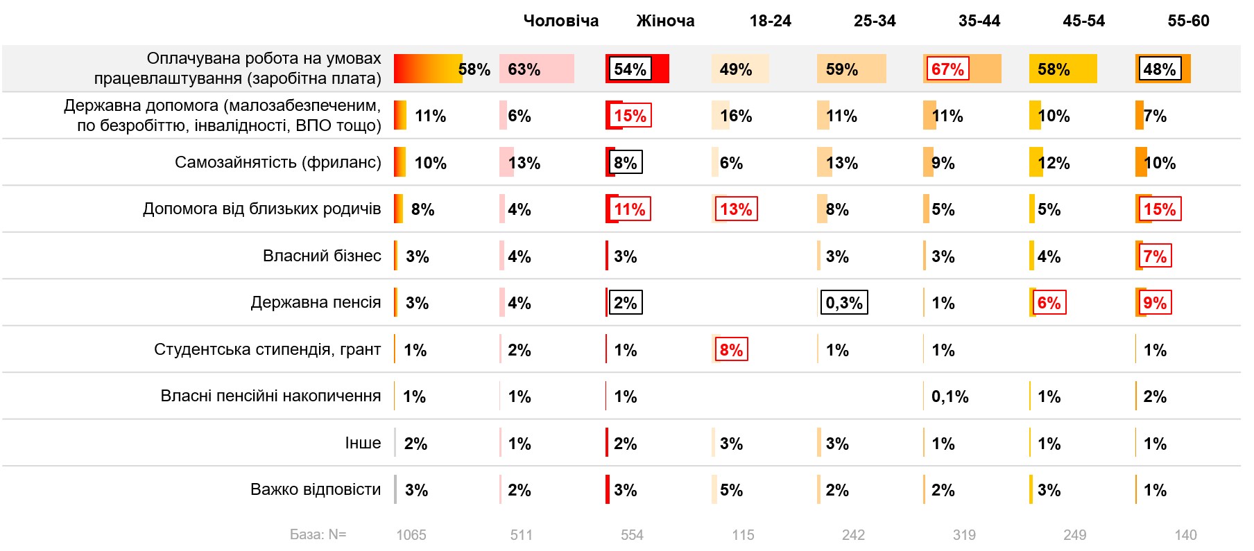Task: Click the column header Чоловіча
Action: [x=560, y=21]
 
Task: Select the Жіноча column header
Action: [x=665, y=21]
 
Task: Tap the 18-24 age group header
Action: [x=770, y=21]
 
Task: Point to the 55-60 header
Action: [x=1188, y=21]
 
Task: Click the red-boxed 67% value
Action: [x=947, y=69]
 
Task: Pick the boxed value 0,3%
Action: [x=844, y=303]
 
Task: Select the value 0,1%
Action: [x=950, y=396]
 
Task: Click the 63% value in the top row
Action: [x=524, y=69]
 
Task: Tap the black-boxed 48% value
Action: [x=1159, y=69]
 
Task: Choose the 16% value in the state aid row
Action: [x=736, y=116]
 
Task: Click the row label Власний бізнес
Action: [x=322, y=256]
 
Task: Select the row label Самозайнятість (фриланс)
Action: [x=277, y=162]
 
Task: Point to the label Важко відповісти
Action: [x=316, y=489]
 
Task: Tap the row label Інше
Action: [x=363, y=443]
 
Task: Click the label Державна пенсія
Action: [x=316, y=302]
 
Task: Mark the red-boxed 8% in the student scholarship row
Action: [x=731, y=350]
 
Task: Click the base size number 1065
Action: [x=411, y=535]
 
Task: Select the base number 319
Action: [x=964, y=535]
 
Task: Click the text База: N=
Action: [x=318, y=534]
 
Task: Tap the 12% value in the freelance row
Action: [x=1054, y=163]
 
